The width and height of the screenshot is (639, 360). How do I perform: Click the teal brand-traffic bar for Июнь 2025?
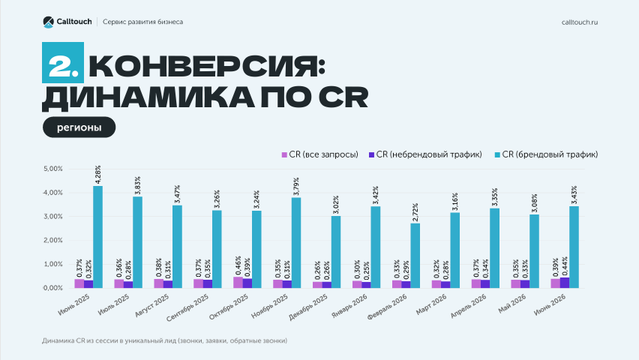click(x=97, y=237)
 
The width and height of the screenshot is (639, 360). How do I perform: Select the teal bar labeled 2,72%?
click(x=415, y=256)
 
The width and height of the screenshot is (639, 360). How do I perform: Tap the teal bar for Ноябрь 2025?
click(x=296, y=243)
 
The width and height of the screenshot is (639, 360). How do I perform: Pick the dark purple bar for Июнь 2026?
click(x=565, y=283)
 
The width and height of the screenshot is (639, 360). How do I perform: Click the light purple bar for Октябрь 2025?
click(x=238, y=283)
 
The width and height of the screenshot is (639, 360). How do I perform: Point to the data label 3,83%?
click(x=138, y=185)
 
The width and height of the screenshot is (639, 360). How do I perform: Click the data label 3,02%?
click(x=336, y=205)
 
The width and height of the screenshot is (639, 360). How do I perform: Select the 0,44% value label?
click(x=565, y=266)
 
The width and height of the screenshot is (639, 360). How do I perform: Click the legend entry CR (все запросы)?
click(x=320, y=154)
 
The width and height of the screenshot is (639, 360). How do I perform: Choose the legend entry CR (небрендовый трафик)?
click(x=425, y=154)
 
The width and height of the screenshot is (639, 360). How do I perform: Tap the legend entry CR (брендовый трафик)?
click(x=546, y=154)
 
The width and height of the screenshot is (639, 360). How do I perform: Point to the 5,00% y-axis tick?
click(x=53, y=169)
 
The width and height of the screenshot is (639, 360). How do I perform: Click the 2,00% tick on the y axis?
click(x=53, y=241)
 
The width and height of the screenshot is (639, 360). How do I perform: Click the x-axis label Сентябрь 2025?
click(x=187, y=307)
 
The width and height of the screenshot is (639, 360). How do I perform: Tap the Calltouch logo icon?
click(x=48, y=22)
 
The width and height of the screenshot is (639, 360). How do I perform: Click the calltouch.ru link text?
click(x=580, y=22)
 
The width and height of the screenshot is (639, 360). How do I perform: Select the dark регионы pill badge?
click(x=79, y=127)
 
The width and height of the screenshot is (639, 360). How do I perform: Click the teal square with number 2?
click(x=63, y=63)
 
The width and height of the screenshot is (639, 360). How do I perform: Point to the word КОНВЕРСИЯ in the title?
click(x=207, y=66)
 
